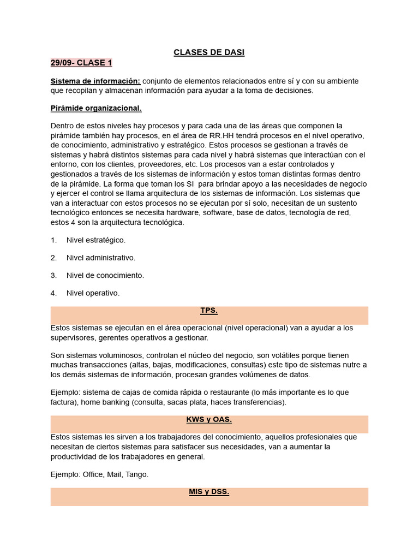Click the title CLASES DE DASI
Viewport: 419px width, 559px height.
209,52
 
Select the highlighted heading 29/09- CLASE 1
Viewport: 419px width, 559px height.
81,63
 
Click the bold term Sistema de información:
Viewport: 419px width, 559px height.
95,81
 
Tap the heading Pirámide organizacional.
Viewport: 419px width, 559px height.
96,108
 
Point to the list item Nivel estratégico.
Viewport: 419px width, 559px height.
95,240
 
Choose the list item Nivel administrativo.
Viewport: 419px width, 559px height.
100,258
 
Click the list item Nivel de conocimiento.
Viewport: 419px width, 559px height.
105,275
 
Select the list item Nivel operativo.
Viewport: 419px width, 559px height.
93,293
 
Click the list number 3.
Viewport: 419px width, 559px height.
53,275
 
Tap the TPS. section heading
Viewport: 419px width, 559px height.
209,311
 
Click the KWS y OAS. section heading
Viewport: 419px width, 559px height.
209,420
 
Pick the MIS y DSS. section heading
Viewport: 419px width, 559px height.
209,492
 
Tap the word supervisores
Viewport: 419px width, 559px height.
73,338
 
